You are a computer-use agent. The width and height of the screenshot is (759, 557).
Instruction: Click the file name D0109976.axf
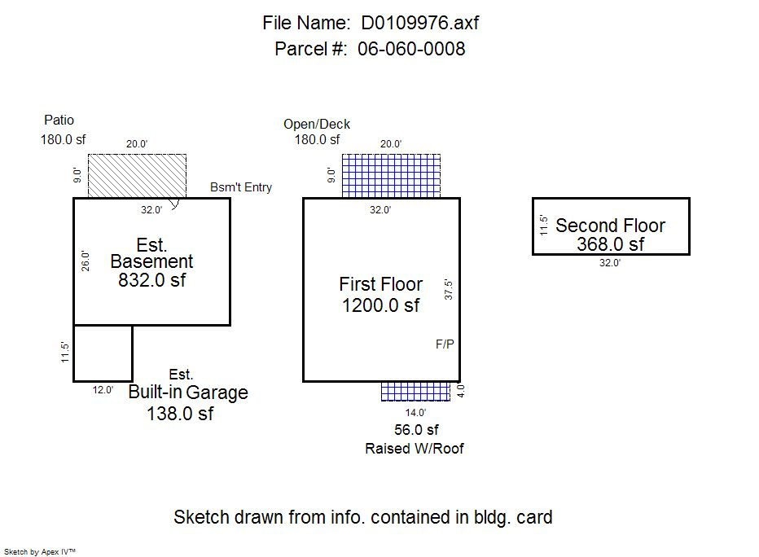coord(420,23)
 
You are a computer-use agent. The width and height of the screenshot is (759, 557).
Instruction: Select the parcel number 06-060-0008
coord(411,49)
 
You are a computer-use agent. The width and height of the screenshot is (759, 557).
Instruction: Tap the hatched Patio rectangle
coord(137,176)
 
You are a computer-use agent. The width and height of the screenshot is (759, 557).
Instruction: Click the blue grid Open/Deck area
coord(391,175)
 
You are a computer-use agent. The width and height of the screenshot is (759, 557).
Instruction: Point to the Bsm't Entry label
coord(241,187)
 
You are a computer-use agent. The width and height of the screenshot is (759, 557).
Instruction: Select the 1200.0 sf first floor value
coord(381,305)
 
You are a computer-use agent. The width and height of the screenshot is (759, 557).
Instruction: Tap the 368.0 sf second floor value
coord(610,244)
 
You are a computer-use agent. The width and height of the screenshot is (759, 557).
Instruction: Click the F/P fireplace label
coord(445,344)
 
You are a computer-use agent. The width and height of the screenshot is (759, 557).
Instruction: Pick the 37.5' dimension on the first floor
coord(448,291)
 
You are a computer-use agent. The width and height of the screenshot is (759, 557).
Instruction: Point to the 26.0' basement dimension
coord(86,261)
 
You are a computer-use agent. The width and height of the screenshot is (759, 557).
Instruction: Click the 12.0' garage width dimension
coord(103,389)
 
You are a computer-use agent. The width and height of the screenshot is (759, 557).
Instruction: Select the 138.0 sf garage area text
coord(180,414)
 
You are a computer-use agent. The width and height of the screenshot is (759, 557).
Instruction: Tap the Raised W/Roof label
coord(415,449)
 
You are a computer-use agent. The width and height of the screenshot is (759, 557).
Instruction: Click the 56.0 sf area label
coord(415,430)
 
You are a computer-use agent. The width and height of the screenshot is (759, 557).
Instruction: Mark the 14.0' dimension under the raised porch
coord(416,413)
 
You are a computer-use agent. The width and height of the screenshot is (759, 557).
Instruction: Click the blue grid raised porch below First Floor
coord(416,391)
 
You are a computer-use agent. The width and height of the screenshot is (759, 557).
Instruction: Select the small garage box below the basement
coord(103,353)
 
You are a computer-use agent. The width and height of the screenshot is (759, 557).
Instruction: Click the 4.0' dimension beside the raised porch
coord(460,392)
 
